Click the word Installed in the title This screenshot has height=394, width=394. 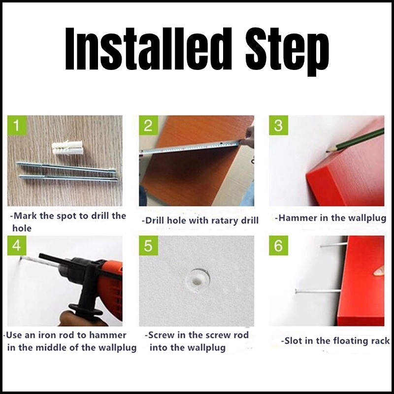[x=148, y=49]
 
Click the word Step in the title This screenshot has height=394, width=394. [x=287, y=51]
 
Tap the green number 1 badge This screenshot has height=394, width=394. [x=17, y=125]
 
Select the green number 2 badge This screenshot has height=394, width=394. [x=149, y=125]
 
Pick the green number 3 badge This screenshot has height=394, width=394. [x=278, y=125]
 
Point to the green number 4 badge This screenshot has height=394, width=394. [x=17, y=245]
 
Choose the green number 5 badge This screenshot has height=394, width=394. [x=149, y=245]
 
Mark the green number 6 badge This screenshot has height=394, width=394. [x=278, y=245]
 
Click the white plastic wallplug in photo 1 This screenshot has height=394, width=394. [x=67, y=148]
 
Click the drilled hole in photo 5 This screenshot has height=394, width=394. [x=197, y=280]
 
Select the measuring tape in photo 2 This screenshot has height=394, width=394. [x=190, y=147]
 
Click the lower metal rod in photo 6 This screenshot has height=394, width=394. [x=318, y=292]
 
